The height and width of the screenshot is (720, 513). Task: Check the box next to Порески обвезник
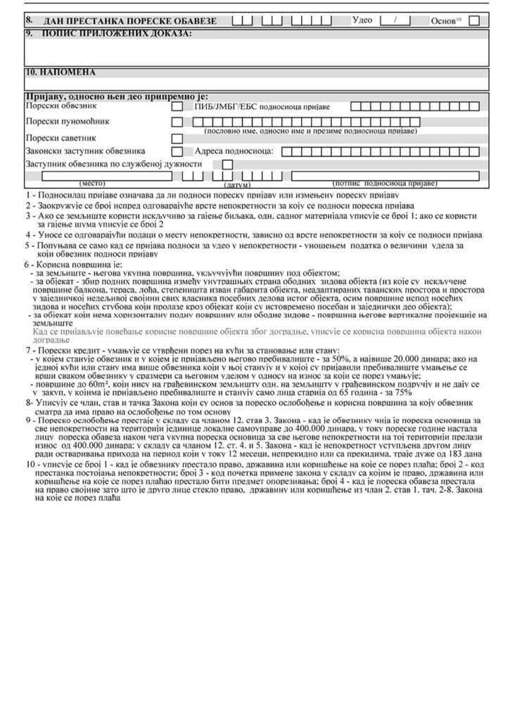coord(177,107)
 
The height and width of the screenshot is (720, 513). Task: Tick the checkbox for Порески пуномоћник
coord(177,122)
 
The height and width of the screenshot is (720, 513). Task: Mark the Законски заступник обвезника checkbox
coord(177,151)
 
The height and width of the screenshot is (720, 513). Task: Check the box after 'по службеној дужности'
coord(227,165)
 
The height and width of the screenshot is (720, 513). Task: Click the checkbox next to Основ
coord(474,20)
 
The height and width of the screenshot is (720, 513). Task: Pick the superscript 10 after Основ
coord(458,18)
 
